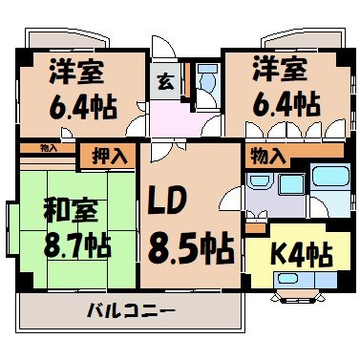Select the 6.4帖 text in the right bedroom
284,103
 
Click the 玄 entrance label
164,81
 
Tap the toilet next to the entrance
203,84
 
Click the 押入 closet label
112,156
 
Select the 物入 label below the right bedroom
266,157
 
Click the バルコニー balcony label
130,311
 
